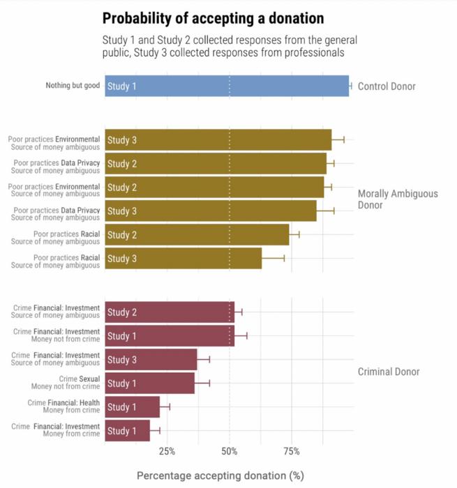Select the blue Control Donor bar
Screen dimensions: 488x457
tap(227, 86)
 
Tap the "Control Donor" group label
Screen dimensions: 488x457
tap(387, 86)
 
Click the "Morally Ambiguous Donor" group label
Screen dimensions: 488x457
tap(398, 199)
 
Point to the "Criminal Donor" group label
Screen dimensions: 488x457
tap(389, 372)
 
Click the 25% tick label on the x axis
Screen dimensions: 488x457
tap(167, 451)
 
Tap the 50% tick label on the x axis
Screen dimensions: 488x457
tap(230, 451)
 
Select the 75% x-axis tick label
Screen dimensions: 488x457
tap(292, 451)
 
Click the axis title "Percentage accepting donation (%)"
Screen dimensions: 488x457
tap(220, 475)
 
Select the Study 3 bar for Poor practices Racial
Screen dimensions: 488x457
tap(183, 259)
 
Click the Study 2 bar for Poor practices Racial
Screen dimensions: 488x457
tap(197, 235)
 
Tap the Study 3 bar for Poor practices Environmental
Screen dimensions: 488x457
tap(218, 140)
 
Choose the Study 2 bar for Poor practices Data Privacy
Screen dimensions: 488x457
tap(216, 164)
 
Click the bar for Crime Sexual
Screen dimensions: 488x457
tap(150, 383)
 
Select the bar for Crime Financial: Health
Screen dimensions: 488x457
tap(133, 407)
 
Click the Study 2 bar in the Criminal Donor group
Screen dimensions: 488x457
tap(170, 312)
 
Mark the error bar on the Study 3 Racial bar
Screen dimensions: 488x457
tap(273, 259)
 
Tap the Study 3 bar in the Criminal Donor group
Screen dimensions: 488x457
tap(151, 360)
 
